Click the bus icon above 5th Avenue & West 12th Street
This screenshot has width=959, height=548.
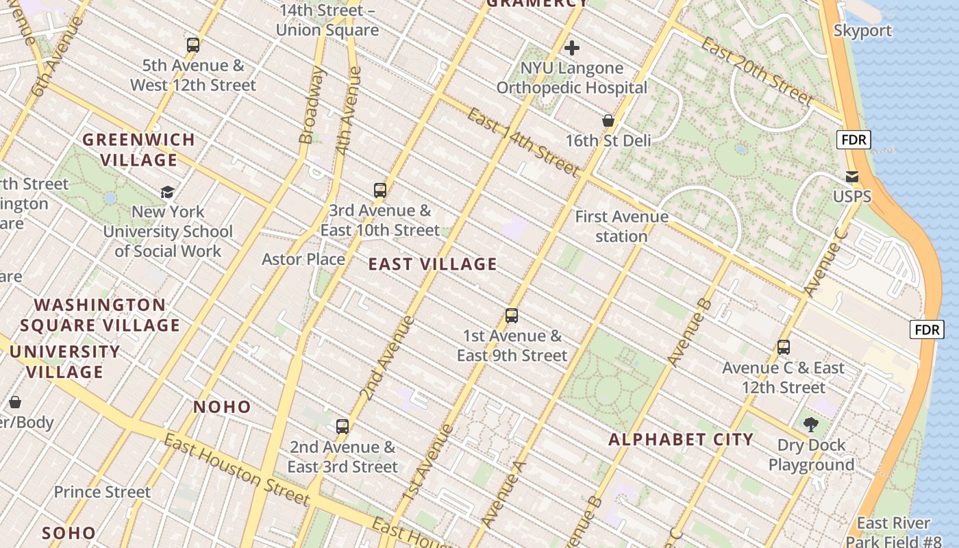tap(193, 46)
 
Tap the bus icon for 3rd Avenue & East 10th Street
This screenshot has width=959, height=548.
tap(380, 190)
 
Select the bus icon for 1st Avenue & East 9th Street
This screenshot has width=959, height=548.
tap(512, 316)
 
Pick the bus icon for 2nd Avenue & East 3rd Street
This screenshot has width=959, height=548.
tap(342, 427)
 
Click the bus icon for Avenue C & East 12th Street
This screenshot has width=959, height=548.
tap(784, 347)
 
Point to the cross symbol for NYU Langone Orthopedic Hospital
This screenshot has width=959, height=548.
tap(572, 48)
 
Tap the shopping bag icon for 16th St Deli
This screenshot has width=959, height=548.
tap(608, 121)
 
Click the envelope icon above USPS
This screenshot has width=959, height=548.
tap(852, 177)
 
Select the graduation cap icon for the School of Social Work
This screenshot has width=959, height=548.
tap(167, 192)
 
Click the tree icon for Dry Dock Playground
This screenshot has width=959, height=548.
tap(811, 425)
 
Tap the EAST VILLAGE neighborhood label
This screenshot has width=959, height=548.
tap(432, 264)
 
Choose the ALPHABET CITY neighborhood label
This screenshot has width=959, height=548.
tap(681, 439)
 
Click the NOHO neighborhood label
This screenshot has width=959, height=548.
tap(222, 407)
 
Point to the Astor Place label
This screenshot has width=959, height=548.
tap(303, 259)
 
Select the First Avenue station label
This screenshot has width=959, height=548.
tap(621, 227)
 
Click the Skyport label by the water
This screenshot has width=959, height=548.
tap(862, 31)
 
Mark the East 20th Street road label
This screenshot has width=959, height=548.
tap(758, 71)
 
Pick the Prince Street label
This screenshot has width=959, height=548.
tap(102, 492)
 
